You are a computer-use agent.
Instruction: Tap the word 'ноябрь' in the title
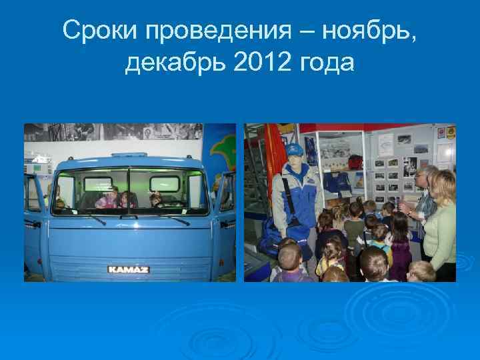(x=359, y=30)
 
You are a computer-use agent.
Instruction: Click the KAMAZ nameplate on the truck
(x=128, y=269)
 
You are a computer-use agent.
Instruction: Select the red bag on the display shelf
(x=355, y=162)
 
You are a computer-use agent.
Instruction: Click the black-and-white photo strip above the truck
(x=113, y=131)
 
